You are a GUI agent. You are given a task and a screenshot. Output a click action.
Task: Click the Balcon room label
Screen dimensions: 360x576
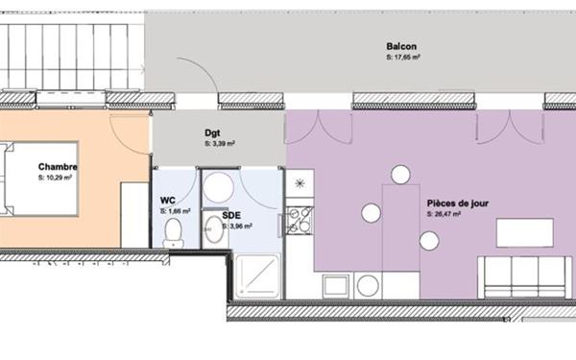coord(400,47)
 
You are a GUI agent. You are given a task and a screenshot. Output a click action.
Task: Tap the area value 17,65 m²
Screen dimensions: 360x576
coord(402,58)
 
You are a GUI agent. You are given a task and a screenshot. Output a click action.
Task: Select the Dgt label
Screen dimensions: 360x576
coord(214,133)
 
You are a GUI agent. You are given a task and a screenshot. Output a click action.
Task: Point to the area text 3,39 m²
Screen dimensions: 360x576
coord(219,144)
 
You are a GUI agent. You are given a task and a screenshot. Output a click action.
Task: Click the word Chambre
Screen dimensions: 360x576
coord(58,167)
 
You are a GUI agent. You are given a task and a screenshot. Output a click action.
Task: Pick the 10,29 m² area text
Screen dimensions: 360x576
coord(55,178)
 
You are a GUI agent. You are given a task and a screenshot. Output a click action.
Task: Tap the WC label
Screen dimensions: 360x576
coord(167,201)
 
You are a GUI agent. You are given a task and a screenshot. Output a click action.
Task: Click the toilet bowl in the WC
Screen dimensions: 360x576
coord(174,231)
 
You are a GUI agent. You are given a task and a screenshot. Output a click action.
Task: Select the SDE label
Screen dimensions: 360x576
coord(230,216)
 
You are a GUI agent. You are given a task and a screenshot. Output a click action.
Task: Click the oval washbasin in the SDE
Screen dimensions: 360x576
coord(211,228)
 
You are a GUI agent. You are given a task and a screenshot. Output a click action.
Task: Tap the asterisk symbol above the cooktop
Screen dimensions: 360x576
coord(301,181)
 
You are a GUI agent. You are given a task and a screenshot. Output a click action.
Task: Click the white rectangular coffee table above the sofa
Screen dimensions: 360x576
coord(524,233)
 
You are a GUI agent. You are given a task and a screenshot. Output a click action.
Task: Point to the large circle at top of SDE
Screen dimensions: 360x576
coord(219,186)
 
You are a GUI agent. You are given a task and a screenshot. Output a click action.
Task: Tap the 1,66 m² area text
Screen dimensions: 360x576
coord(176,210)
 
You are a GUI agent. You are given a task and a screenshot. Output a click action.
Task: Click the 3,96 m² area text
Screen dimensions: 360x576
coord(237,227)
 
